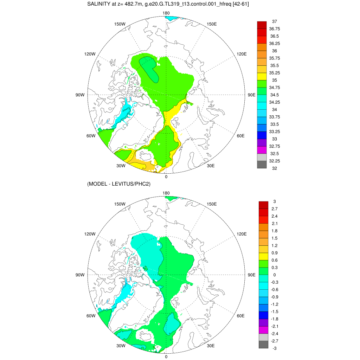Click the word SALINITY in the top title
[99, 4]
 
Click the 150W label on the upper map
[120, 24]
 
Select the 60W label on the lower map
[91, 316]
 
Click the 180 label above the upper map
[166, 13]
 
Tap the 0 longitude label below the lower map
[166, 356]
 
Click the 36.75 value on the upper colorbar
[275, 29]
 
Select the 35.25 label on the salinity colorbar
[275, 73]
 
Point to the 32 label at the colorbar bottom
[275, 168]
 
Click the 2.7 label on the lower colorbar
[275, 208]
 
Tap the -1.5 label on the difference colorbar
[275, 311]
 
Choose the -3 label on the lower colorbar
[275, 348]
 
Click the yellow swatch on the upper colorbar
[262, 76]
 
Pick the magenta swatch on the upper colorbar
[262, 150]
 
